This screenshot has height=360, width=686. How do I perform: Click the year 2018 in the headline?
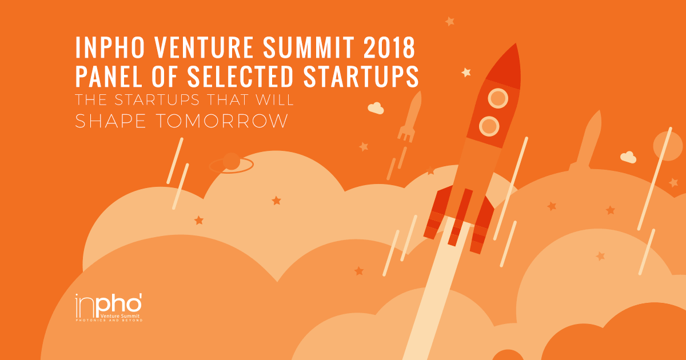click(389, 47)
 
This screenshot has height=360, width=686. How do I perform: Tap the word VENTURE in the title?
click(204, 47)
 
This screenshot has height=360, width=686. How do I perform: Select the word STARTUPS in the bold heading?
click(361, 76)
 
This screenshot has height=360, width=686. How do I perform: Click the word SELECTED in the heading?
click(241, 76)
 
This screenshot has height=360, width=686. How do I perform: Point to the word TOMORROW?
click(222, 121)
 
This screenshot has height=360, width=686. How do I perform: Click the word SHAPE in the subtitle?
click(110, 121)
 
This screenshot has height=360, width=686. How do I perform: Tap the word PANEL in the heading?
click(109, 76)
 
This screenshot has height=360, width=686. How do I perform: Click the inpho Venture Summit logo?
click(109, 307)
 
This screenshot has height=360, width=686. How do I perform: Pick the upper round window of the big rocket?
click(498, 98)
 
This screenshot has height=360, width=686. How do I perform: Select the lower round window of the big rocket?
click(489, 126)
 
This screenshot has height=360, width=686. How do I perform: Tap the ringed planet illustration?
click(232, 163)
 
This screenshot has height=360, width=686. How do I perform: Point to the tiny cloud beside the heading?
click(376, 108)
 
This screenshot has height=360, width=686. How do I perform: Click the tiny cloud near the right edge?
click(628, 157)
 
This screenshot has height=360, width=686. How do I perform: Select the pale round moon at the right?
click(668, 146)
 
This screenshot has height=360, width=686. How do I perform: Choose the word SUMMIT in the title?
click(308, 47)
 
